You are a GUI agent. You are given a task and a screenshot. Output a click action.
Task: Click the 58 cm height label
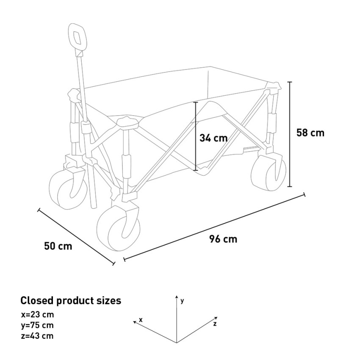[x=310, y=133]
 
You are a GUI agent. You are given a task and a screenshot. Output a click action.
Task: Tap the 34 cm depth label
[x=213, y=138]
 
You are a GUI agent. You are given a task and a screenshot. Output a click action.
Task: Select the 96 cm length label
[x=223, y=239]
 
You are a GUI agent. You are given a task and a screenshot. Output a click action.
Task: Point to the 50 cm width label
[x=58, y=246]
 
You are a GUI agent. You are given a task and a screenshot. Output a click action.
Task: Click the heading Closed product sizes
[x=71, y=301]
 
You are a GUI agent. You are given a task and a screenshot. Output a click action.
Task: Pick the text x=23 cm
[x=37, y=314]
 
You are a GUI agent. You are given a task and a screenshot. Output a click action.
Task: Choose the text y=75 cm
[x=37, y=325]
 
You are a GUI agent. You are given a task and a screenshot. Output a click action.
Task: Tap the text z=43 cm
[x=37, y=336]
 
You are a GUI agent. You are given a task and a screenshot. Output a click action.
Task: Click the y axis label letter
[x=182, y=301]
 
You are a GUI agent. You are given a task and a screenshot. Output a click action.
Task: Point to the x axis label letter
[x=141, y=320]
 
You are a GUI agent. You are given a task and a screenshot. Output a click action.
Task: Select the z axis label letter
[x=215, y=324]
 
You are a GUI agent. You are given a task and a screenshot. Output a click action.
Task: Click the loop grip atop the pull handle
[x=77, y=37]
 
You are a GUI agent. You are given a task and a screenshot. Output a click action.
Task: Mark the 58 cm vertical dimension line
[x=290, y=134]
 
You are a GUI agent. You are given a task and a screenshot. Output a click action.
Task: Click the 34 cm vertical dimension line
[x=196, y=136]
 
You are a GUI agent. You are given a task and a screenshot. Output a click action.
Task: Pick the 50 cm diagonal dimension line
[x=76, y=237]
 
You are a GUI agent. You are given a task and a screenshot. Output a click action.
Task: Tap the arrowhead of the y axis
[x=177, y=296]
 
